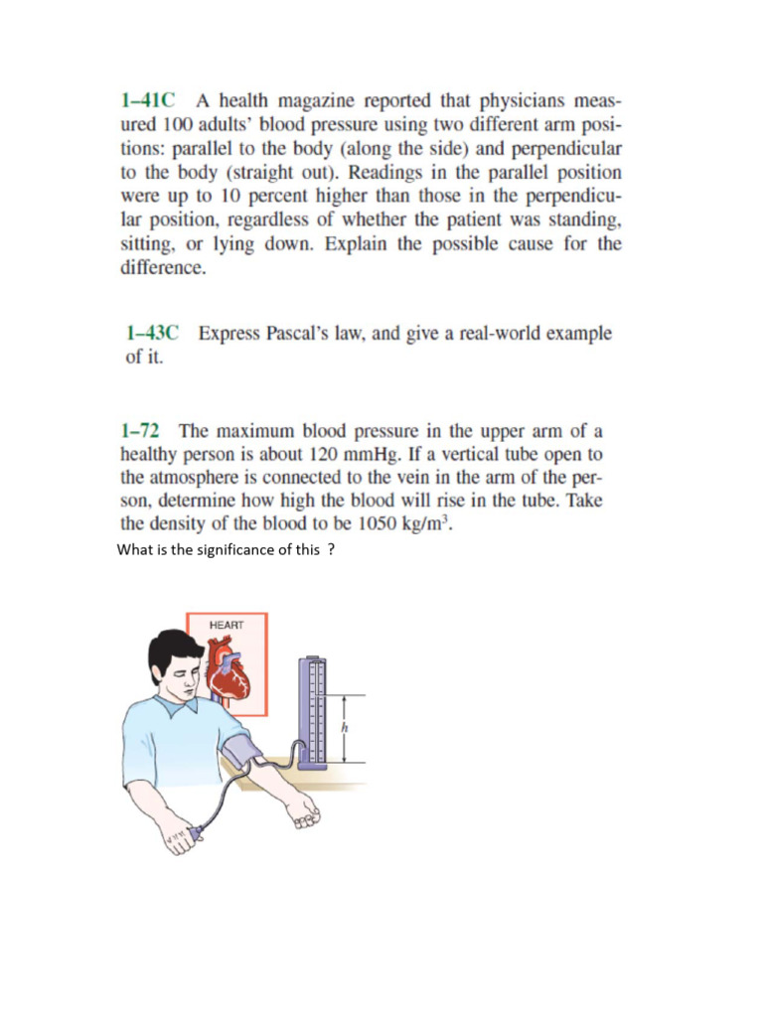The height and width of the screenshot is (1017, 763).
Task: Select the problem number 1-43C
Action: coord(151,334)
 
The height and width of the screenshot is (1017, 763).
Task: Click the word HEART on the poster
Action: coord(226,625)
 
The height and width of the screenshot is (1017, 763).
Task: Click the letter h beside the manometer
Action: coord(345,728)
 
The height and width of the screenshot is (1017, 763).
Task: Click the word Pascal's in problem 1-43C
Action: coord(283,334)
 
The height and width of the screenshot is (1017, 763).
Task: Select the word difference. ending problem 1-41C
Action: coord(163,267)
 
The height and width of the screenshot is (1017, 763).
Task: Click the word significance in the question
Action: coord(230,550)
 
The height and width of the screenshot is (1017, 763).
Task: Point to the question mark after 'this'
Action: coord(330,550)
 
